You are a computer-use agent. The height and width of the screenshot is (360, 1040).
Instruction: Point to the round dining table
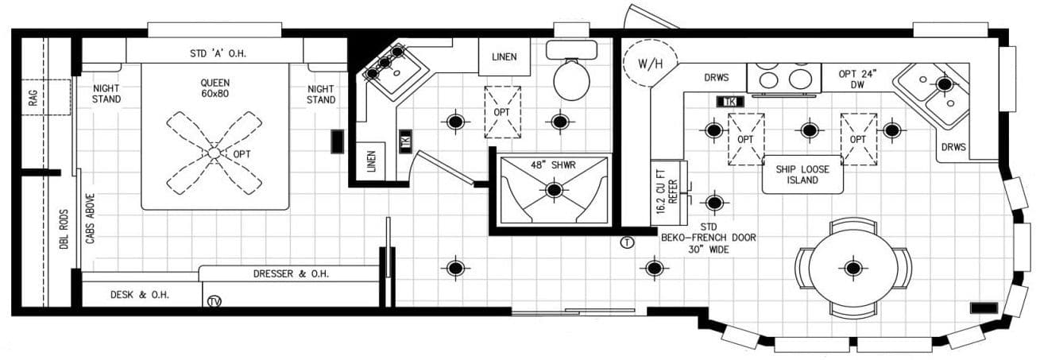tap(853, 268)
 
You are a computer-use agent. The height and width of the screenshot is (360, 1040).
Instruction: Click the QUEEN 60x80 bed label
tap(214, 87)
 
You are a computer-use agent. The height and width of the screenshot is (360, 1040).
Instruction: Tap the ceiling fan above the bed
tap(214, 152)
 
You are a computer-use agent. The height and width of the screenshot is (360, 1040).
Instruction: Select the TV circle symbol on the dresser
tap(213, 301)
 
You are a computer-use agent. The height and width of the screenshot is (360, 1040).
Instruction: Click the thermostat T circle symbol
tap(627, 242)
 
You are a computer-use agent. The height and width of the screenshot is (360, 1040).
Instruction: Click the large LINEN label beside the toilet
tap(504, 56)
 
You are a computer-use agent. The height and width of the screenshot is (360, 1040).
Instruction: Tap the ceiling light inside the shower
tap(554, 190)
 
